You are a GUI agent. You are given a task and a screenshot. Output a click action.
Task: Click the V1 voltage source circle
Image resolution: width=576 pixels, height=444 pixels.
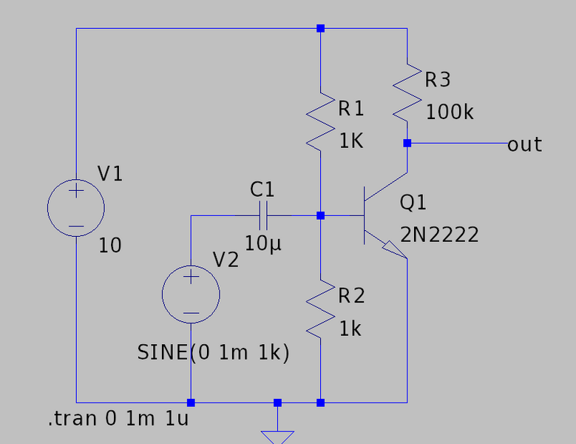coord(76,208)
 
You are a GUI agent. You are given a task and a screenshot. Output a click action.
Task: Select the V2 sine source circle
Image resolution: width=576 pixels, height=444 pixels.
coord(191,294)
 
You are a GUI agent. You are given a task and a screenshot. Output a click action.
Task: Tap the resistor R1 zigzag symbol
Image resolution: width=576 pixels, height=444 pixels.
coord(320,122)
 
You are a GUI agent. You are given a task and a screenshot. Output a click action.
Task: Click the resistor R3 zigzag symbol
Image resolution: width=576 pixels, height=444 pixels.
coord(407,92)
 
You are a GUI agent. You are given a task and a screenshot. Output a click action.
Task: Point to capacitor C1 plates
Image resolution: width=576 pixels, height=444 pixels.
coord(262,216)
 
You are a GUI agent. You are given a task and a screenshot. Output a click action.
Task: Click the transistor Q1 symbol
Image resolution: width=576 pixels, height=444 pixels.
coord(377,216)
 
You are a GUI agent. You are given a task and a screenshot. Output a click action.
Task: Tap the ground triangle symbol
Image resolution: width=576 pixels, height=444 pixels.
coord(278,437)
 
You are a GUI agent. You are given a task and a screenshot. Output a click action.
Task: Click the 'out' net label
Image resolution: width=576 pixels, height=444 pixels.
coord(524,144)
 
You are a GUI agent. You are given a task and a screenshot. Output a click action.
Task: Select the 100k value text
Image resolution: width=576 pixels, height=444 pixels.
coord(450,112)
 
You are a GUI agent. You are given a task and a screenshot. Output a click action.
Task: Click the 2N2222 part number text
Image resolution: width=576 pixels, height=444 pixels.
coord(439,235)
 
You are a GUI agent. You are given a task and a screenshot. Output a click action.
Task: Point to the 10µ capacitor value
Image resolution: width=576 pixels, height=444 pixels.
coord(262,243)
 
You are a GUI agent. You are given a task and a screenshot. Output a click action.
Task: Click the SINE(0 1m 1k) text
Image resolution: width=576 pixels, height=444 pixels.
coord(213,353)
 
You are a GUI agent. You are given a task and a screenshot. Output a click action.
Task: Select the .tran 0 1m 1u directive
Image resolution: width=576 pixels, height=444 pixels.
coord(118,420)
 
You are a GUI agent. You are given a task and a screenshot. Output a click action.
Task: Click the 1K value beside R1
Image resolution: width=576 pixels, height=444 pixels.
coord(351,141)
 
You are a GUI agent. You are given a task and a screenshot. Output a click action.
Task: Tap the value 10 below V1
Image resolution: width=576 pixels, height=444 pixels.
coord(109,246)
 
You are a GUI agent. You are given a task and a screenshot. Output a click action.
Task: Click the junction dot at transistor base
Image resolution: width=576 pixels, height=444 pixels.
coord(320,216)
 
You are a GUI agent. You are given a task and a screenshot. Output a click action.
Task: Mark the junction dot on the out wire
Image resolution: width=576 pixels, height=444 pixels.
coord(407,144)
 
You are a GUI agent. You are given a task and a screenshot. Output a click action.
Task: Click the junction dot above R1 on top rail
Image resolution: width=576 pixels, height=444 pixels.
coord(320,28)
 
